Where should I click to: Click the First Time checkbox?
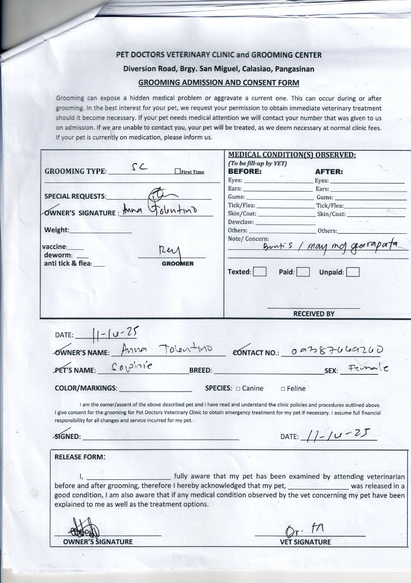[177, 172]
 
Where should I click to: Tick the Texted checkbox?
[260, 272]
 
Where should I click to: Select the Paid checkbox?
[303, 272]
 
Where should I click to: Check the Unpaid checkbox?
[353, 272]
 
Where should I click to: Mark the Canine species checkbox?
[238, 389]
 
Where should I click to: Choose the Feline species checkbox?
[283, 389]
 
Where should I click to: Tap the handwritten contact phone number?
[338, 351]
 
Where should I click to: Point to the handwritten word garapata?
[371, 247]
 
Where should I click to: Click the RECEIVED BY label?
[314, 314]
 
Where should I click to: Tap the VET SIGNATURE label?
[305, 542]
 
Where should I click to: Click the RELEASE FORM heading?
[79, 457]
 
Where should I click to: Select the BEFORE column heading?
[245, 172]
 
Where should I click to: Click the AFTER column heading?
[329, 172]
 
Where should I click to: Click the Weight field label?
[57, 230]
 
